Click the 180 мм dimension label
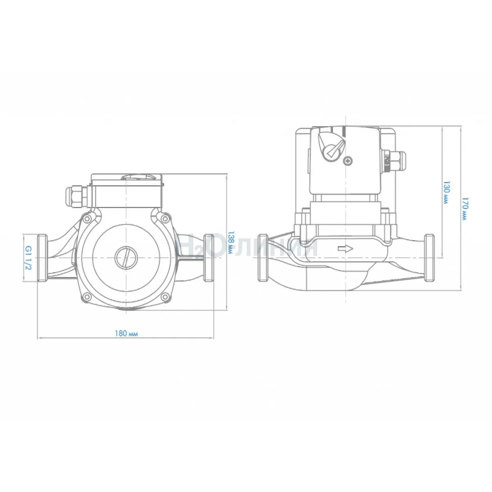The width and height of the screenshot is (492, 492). click(x=126, y=333)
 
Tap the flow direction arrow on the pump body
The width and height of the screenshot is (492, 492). click(x=345, y=248)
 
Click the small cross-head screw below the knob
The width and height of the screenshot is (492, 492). click(x=348, y=161)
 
